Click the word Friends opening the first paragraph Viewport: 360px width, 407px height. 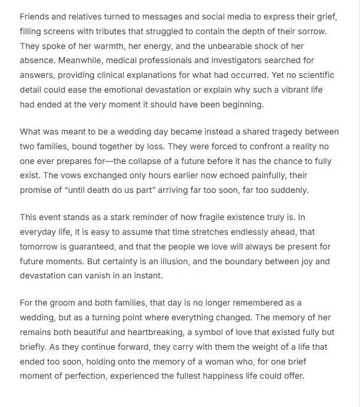coord(35,17)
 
